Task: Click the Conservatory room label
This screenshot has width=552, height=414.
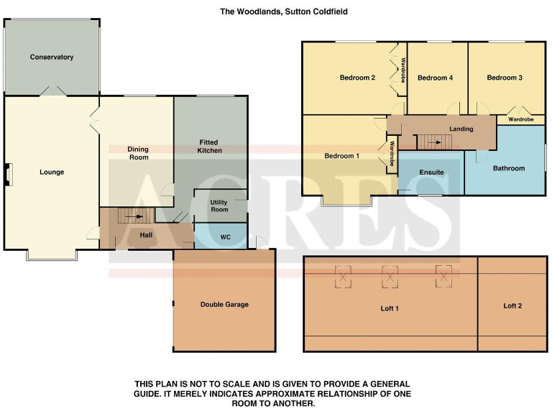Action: click(x=52, y=57)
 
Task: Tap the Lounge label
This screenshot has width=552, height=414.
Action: click(x=52, y=172)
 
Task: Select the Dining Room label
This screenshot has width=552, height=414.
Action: click(x=138, y=153)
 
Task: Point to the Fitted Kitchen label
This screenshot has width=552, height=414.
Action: click(x=210, y=147)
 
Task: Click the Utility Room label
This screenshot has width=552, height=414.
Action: click(x=219, y=206)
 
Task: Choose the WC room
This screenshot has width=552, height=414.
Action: click(x=225, y=236)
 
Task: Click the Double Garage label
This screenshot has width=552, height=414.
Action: click(x=224, y=305)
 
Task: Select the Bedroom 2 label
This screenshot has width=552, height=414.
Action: click(x=358, y=78)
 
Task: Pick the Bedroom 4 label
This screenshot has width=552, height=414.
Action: click(x=435, y=78)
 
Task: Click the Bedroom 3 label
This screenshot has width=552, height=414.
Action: click(x=505, y=78)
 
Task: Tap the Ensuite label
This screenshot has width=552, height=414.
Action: click(x=431, y=172)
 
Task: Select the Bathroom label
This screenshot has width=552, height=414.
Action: click(x=509, y=168)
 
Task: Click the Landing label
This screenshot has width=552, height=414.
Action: click(x=461, y=129)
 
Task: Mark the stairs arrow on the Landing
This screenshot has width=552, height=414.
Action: click(x=436, y=143)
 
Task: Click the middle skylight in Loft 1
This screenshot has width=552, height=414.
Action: click(x=390, y=277)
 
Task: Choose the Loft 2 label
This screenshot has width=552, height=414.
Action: click(x=512, y=306)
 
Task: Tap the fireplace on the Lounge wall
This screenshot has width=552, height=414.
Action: click(x=9, y=175)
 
